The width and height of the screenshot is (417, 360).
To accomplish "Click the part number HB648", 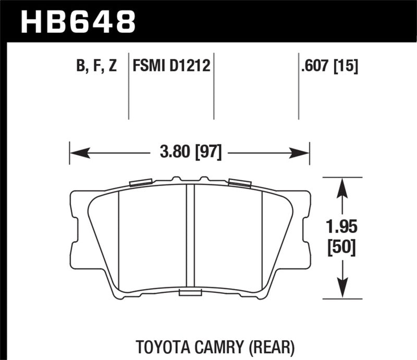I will point(78,21).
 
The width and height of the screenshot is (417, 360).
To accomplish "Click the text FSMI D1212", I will point(171,66).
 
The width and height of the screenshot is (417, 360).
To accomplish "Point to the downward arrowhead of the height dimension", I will point(341,289).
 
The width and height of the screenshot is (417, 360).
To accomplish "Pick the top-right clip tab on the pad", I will point(239,182).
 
